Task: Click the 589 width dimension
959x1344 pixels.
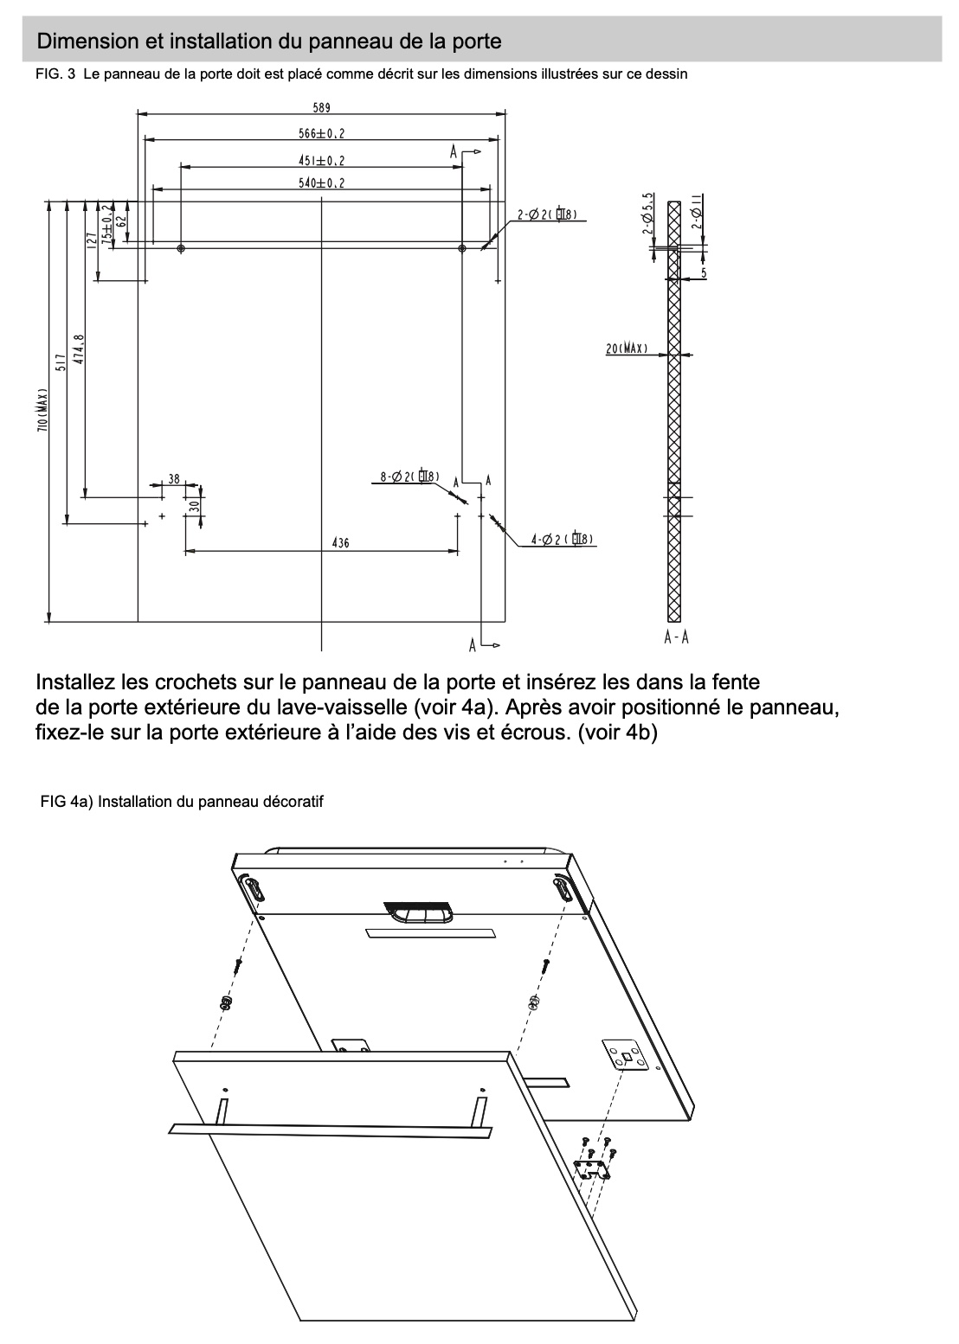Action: click(322, 108)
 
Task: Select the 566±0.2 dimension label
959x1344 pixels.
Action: click(322, 133)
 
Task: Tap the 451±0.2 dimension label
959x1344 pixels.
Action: click(322, 160)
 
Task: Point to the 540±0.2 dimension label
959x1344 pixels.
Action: click(322, 182)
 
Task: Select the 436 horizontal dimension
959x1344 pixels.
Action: click(340, 543)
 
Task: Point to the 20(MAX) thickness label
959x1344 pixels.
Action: click(628, 349)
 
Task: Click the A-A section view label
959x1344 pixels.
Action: click(676, 637)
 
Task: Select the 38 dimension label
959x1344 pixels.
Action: click(174, 478)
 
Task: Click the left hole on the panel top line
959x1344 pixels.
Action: click(180, 249)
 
